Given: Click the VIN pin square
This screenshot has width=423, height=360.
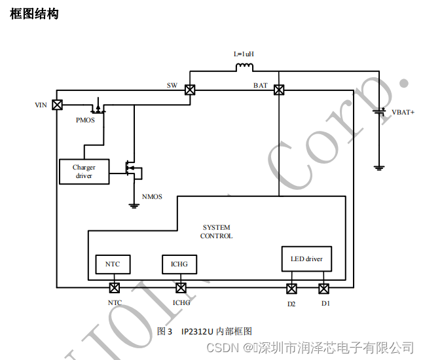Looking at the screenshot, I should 57,105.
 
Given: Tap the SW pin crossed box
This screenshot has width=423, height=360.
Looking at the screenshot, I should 189,90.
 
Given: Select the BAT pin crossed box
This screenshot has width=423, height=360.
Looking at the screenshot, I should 279,90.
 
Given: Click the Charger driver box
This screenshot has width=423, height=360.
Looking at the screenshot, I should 84,171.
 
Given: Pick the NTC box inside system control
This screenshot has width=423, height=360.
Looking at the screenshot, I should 113,264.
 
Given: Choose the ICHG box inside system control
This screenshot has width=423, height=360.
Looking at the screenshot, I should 179,264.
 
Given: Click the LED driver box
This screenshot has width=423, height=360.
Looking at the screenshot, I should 306,259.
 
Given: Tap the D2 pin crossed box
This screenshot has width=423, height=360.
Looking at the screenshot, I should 291,287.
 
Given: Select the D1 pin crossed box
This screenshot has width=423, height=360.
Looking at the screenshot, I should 324,287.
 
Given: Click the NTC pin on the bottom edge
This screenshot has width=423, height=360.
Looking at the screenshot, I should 114,287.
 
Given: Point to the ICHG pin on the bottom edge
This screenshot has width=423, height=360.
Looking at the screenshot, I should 181,287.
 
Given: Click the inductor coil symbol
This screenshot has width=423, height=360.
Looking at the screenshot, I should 244,67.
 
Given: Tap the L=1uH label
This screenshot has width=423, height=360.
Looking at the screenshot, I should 244,54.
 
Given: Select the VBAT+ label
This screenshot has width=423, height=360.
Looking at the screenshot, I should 403,113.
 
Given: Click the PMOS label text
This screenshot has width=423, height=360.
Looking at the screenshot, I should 85,120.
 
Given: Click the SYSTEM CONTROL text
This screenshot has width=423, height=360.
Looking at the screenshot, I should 216,232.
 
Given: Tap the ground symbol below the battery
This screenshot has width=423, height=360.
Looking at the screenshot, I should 378,168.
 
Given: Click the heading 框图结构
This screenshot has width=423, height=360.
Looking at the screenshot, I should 34,14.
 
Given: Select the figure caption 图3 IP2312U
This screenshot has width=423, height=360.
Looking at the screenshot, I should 204,331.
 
